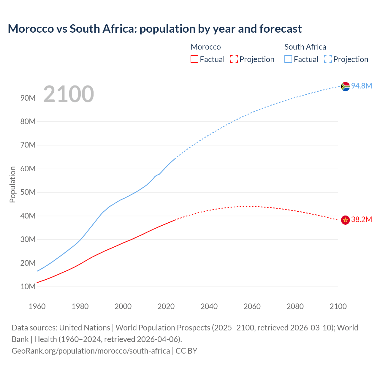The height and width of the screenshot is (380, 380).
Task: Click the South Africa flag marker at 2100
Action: point(345,86)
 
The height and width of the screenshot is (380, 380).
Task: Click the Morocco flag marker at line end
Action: point(345,220)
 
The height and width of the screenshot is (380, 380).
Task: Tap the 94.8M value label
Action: point(361,86)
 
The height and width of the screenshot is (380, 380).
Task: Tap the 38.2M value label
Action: point(361,220)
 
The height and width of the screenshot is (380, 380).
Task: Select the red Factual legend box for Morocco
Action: point(194,59)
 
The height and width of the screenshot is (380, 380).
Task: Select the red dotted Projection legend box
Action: point(234,59)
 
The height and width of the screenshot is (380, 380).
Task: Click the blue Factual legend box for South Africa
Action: point(288,59)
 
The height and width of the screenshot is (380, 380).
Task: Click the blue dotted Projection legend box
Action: point(328,59)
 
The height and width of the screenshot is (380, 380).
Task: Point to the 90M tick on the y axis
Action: point(28,98)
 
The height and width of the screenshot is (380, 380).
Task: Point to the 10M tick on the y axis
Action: point(28,286)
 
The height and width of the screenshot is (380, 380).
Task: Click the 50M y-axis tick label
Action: point(28,192)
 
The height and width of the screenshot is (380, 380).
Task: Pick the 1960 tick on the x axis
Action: point(37,306)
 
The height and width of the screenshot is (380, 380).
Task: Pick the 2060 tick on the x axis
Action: point(252,306)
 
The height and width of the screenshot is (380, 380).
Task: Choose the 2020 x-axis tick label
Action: point(166,306)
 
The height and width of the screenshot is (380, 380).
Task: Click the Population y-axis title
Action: point(12,184)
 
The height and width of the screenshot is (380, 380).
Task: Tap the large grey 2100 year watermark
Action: point(69,94)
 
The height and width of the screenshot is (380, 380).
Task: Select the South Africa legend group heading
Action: point(305,47)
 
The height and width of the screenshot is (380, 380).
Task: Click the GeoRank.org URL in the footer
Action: point(91,351)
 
